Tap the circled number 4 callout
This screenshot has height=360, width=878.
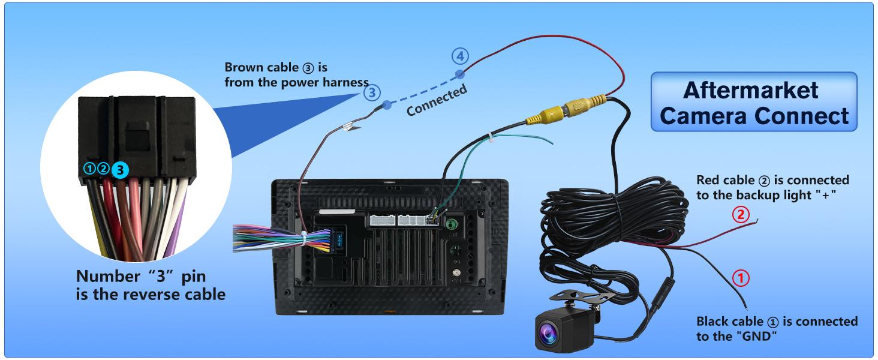click(x=459, y=57)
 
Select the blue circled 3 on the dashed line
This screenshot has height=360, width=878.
click(x=372, y=92)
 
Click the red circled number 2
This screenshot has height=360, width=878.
click(x=742, y=214)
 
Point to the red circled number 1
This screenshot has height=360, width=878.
click(x=741, y=278)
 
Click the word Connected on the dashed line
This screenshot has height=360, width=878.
click(x=437, y=101)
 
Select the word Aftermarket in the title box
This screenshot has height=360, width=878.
click(x=750, y=91)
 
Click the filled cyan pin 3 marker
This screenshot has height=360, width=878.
click(x=120, y=170)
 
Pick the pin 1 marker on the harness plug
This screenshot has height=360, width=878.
click(x=89, y=169)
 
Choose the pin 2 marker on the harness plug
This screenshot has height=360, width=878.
click(x=103, y=169)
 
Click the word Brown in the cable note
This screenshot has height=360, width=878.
click(x=243, y=67)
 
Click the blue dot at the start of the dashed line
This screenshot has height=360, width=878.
click(x=387, y=104)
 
